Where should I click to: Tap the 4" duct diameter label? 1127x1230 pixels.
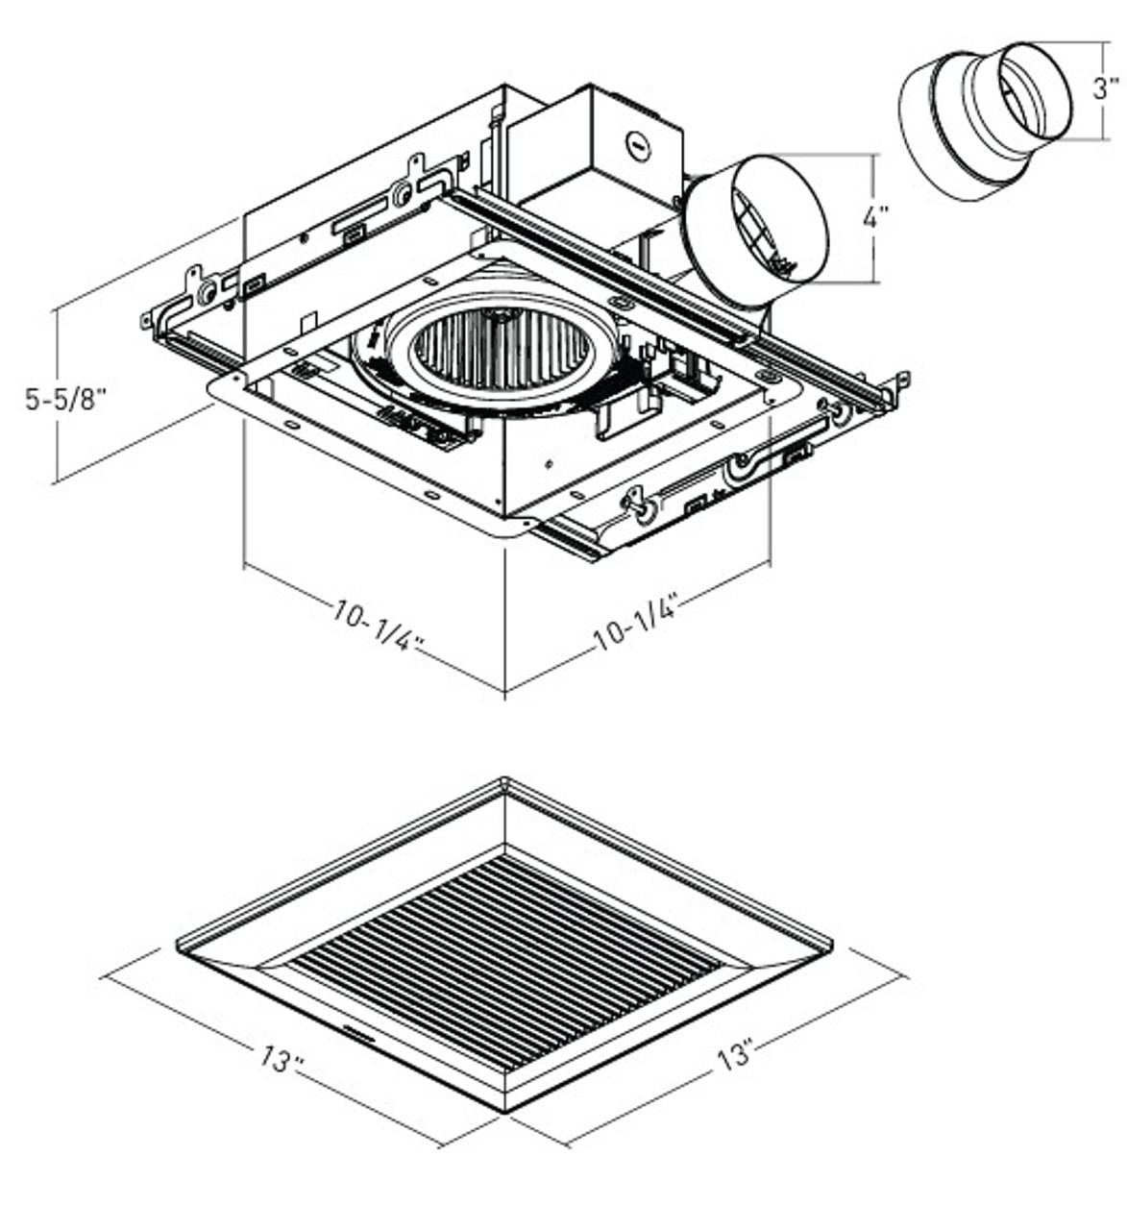pos(873,218)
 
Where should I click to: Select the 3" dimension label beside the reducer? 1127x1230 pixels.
pos(1105,88)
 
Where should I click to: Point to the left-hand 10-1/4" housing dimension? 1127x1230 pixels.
pos(380,627)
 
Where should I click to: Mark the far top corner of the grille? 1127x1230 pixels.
pos(505,781)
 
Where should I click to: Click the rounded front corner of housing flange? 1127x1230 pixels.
pos(520,526)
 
